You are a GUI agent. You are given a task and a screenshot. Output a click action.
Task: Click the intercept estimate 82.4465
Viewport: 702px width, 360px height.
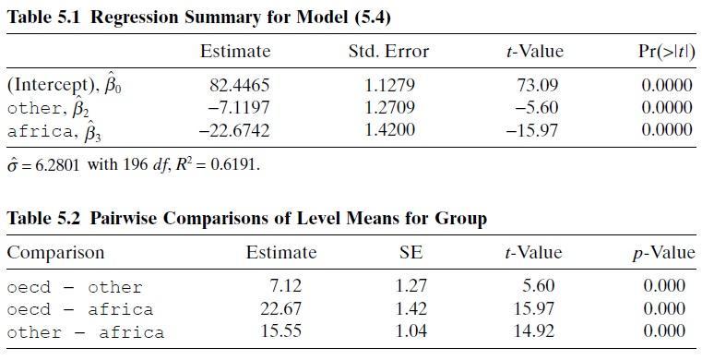(x=240, y=86)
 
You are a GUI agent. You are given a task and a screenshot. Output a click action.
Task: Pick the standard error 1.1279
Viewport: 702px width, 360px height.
(x=388, y=86)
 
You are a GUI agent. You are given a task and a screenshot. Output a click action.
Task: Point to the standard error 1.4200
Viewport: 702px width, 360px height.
(x=388, y=130)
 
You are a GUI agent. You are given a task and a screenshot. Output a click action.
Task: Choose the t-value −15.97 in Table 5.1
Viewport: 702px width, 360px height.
(x=532, y=130)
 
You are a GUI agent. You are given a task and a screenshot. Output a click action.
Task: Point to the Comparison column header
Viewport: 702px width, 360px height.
(x=55, y=253)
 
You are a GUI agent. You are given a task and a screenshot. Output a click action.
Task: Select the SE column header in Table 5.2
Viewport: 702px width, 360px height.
(x=410, y=253)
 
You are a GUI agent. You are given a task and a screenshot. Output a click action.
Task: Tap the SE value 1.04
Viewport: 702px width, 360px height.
(x=410, y=331)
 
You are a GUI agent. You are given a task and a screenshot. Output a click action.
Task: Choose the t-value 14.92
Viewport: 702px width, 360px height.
(x=534, y=331)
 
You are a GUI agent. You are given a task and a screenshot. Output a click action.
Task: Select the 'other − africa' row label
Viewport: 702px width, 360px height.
(x=85, y=332)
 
